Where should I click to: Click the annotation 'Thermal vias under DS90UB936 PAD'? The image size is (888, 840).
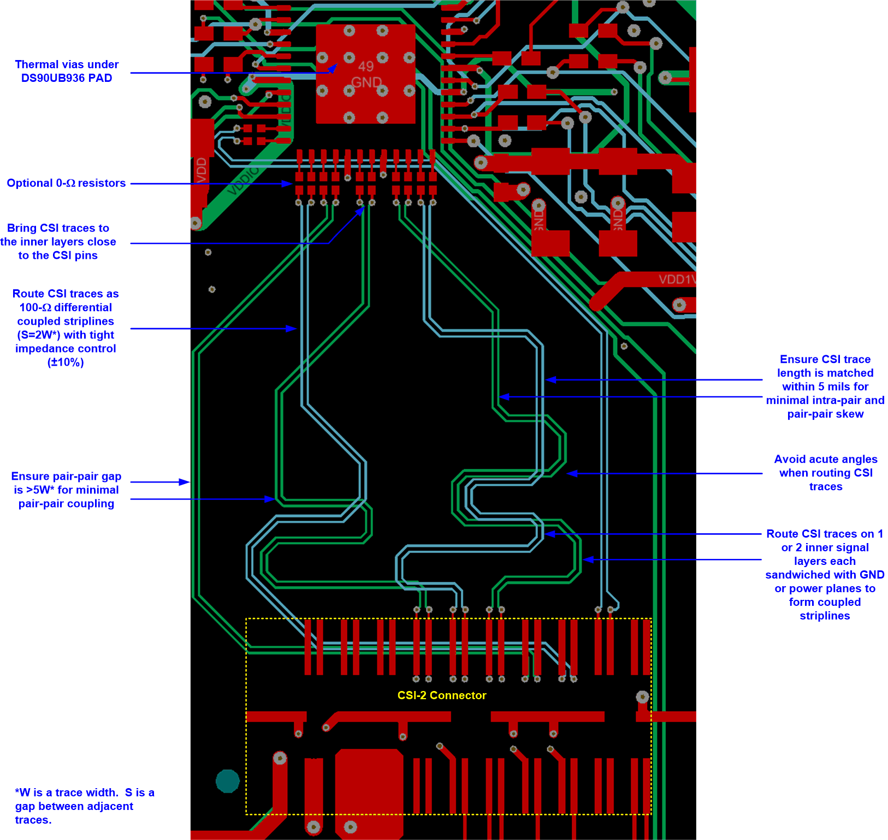point(67,71)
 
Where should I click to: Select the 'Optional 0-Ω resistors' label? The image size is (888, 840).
point(66,183)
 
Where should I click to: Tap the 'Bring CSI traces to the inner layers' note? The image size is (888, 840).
point(58,241)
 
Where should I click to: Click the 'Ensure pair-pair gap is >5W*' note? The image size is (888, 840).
point(66,490)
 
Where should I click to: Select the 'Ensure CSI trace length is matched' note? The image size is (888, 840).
point(825,386)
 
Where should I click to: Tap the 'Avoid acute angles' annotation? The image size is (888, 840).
point(825,473)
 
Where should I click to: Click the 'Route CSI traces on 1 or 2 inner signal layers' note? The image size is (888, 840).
point(824,574)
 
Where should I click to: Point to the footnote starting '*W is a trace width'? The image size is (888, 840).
point(85,806)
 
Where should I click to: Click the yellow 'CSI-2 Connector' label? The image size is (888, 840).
point(441,695)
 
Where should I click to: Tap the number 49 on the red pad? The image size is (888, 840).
point(366,67)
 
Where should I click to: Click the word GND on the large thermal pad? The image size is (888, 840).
point(366,82)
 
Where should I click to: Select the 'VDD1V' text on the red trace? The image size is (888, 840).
point(677,279)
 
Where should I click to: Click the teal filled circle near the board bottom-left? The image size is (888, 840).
point(228,781)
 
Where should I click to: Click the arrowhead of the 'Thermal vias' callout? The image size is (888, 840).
point(334,68)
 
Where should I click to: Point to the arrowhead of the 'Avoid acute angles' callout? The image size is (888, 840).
point(571,473)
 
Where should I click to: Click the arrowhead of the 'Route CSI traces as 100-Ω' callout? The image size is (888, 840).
point(293,329)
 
